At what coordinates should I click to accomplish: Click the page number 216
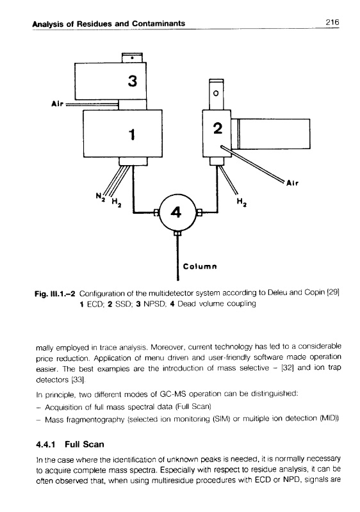pyautogui.click(x=332, y=22)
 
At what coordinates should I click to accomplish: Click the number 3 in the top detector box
pyautogui.click(x=133, y=81)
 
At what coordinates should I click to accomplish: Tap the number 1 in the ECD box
pyautogui.click(x=132, y=134)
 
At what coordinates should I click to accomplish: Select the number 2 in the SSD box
pyautogui.click(x=218, y=129)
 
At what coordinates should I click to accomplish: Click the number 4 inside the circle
pyautogui.click(x=176, y=213)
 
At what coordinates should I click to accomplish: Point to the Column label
pyautogui.click(x=200, y=266)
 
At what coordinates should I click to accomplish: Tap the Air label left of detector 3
pyautogui.click(x=57, y=104)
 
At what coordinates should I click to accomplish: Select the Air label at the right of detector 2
pyautogui.click(x=292, y=183)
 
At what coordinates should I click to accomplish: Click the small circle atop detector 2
pyautogui.click(x=216, y=93)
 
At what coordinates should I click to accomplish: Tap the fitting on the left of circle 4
pyautogui.click(x=156, y=213)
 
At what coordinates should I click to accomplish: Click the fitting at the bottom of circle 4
pyautogui.click(x=177, y=234)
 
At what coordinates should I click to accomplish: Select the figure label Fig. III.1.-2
pyautogui.click(x=55, y=294)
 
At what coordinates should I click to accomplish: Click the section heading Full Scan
pyautogui.click(x=85, y=444)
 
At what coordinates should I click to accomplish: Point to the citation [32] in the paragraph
pyautogui.click(x=286, y=369)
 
